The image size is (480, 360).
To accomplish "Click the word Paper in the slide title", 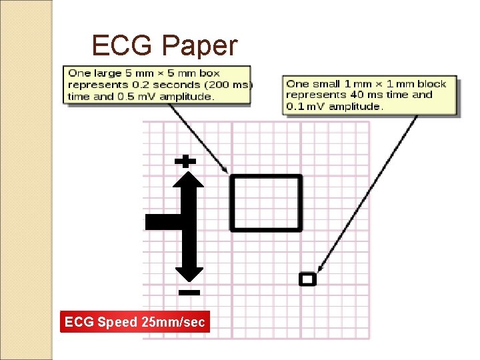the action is tap(201, 47).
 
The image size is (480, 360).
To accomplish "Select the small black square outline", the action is tap(307, 279).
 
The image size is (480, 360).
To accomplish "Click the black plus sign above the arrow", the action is tap(185, 161).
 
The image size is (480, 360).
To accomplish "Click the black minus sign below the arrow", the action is tap(189, 292).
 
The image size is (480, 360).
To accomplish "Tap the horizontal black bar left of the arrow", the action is tap(164, 222).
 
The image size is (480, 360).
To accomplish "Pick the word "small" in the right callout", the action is tap(325, 83).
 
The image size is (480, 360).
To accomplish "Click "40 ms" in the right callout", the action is tap(381, 95).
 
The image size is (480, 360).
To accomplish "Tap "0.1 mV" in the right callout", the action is tap(305, 107).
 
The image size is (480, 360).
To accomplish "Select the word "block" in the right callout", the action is tap(432, 83).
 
